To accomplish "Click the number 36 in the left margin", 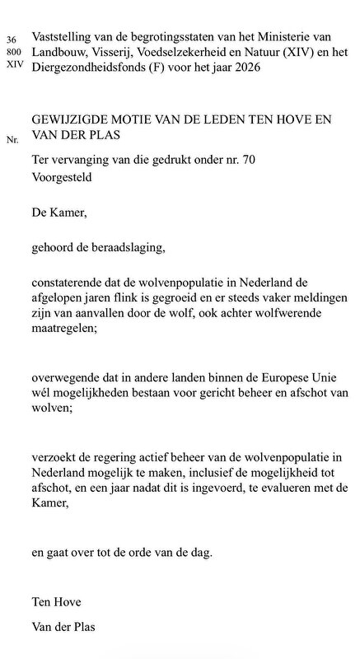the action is point(11,39).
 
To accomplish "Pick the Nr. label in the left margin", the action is point(12,140).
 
